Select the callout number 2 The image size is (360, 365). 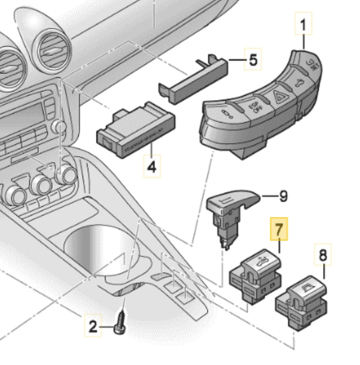point(92,327)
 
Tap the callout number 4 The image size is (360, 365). point(152,166)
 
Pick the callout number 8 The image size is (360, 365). point(322,255)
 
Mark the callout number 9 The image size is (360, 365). point(283,196)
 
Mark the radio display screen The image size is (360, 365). point(20,120)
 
